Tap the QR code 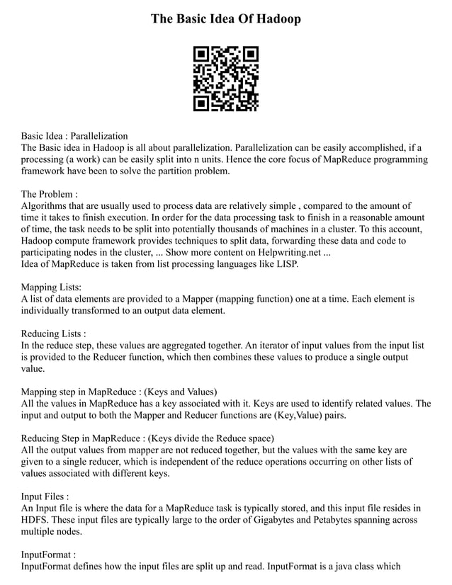[226, 79]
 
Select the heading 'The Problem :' [49, 194]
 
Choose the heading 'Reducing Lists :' [54, 334]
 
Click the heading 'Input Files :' [45, 496]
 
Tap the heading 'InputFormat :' [47, 555]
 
